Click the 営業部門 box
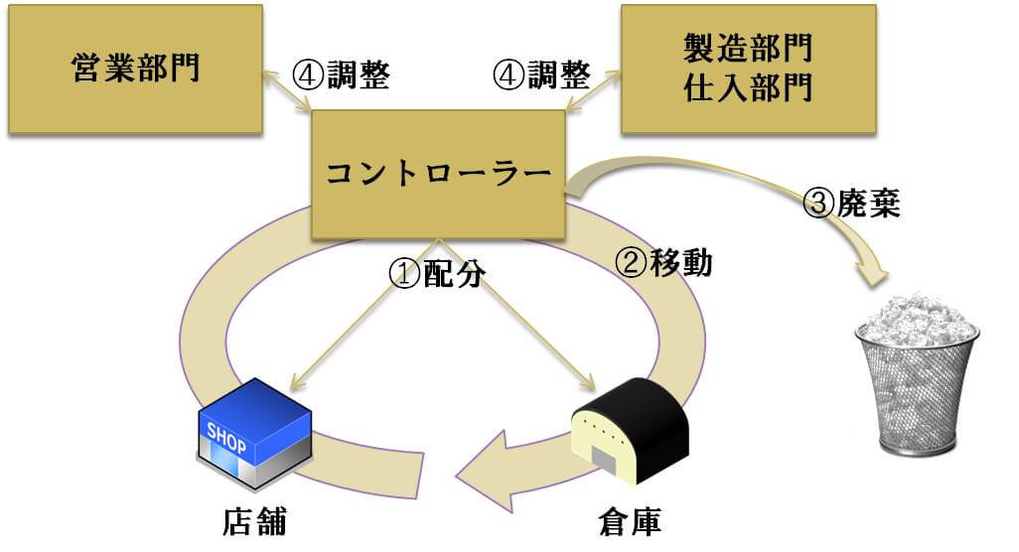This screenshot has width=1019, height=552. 135,69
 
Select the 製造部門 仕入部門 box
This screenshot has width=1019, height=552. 748,69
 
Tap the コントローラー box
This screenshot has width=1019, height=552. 438,174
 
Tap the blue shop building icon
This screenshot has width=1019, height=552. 254,434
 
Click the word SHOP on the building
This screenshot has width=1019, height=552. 226,438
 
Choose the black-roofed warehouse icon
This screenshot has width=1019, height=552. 630,429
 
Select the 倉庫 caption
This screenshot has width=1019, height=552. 631,521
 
